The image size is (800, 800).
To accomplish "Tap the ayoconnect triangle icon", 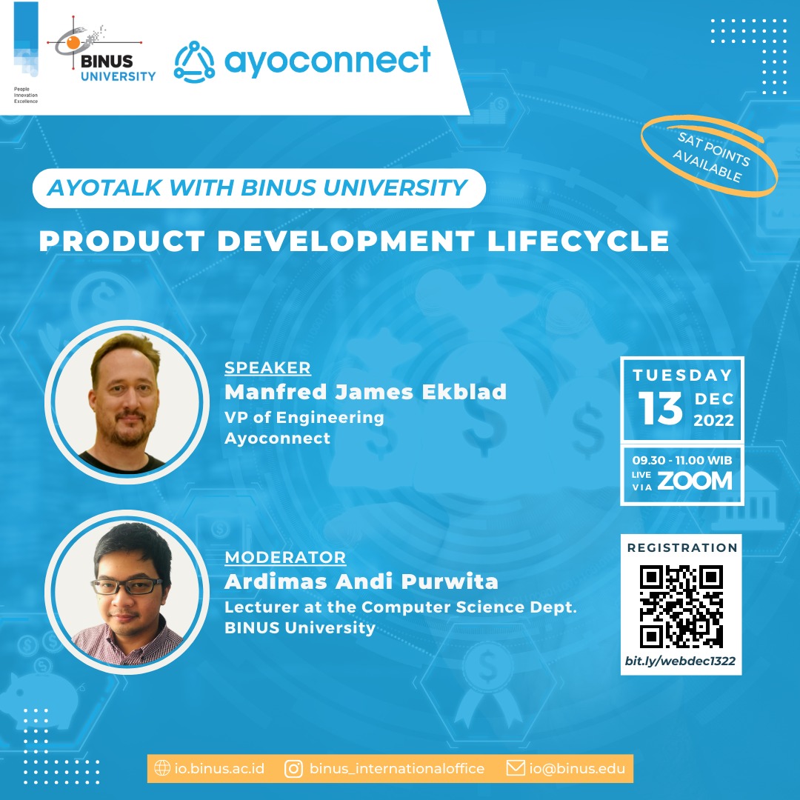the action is coord(194,61).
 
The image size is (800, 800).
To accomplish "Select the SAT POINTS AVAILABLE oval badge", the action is coord(709,156).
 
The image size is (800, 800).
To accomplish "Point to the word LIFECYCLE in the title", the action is coord(578,241).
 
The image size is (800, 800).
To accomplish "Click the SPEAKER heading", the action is coord(267,367).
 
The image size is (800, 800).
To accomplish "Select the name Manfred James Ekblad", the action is coord(365,391).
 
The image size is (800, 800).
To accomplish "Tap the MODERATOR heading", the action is coord(285,557).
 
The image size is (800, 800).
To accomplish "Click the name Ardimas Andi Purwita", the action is coord(361,581).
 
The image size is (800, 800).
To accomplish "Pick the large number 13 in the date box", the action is coord(660,408).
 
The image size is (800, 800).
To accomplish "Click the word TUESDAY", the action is coord(682,375).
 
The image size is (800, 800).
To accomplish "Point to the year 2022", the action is coord(713,421).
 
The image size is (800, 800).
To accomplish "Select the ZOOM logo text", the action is coord(694,481).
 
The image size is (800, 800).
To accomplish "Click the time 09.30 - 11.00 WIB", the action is coord(682,460).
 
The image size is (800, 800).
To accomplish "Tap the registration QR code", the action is coord(681,607).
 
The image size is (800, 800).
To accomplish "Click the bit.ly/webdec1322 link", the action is coord(680,661).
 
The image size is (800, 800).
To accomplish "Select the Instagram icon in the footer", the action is coord(293,768).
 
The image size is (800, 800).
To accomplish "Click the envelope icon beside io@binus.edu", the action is coord(516,768).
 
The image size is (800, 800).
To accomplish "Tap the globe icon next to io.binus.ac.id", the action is coord(162,768).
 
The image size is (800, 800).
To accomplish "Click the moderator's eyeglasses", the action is coord(127,586).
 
